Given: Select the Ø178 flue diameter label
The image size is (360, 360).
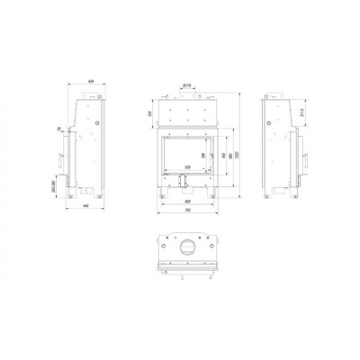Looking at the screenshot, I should (185, 85).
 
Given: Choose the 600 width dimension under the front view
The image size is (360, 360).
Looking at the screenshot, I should (187, 201).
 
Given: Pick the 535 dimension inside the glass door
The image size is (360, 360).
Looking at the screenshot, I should (187, 168).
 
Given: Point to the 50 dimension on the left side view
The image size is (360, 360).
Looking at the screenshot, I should (59, 129).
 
